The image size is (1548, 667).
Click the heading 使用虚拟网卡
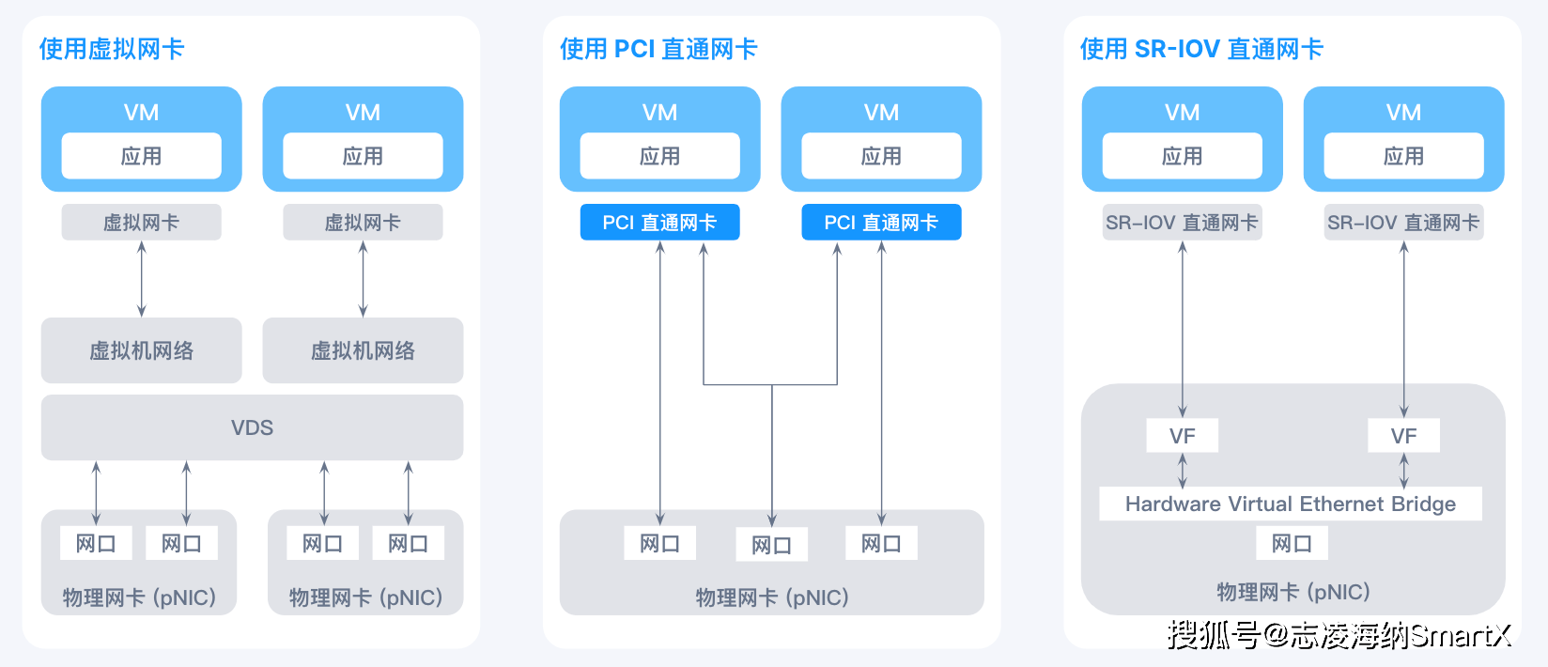pyautogui.click(x=112, y=49)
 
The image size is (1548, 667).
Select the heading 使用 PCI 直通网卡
pyautogui.click(x=658, y=49)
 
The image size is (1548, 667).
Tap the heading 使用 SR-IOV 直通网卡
pyautogui.click(x=1201, y=49)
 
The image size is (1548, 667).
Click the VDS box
pyautogui.click(x=253, y=427)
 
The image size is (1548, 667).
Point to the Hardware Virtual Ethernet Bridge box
pyautogui.click(x=1291, y=504)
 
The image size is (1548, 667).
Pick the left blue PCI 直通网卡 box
pyautogui.click(x=660, y=222)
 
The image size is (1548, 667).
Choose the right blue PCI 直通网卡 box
pyautogui.click(x=881, y=222)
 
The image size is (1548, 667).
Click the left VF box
pyautogui.click(x=1183, y=436)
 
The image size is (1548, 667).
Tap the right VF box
pyautogui.click(x=1403, y=436)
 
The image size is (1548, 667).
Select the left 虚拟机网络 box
pyautogui.click(x=142, y=350)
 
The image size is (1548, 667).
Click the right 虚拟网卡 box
pyautogui.click(x=363, y=222)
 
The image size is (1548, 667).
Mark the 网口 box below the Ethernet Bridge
pyautogui.click(x=1292, y=543)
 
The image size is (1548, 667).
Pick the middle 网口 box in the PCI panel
pyautogui.click(x=772, y=545)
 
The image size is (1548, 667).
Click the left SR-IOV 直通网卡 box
pyautogui.click(x=1183, y=222)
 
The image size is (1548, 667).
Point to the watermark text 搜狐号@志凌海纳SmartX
pyautogui.click(x=1339, y=634)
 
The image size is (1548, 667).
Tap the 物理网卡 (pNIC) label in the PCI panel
pyautogui.click(x=772, y=597)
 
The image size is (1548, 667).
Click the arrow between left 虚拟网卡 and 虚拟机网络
pyautogui.click(x=142, y=279)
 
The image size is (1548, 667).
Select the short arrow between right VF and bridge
pyautogui.click(x=1403, y=470)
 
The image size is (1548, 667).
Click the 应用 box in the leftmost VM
pyautogui.click(x=142, y=156)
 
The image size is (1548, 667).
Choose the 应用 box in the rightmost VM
pyautogui.click(x=1403, y=156)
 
